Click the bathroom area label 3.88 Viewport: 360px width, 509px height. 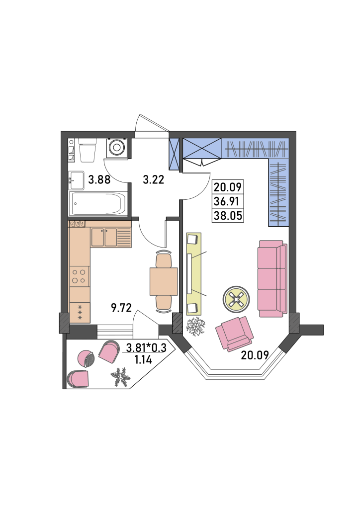click(99, 179)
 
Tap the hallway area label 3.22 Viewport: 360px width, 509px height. click(154, 179)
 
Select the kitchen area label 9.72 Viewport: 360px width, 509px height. click(121, 307)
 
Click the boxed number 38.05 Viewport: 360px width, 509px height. click(228, 215)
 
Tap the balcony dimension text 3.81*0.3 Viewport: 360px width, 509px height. click(146, 348)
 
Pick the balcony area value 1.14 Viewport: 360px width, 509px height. click(143, 359)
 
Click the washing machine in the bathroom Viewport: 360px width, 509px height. click(117, 148)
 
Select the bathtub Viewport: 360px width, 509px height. click(98, 203)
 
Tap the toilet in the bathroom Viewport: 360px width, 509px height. click(88, 150)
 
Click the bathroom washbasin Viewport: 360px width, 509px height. click(77, 180)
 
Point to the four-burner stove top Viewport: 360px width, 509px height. click(79, 276)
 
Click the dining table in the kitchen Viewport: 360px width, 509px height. click(164, 281)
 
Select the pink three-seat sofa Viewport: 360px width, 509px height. click(272, 278)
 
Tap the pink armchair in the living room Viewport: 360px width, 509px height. click(235, 334)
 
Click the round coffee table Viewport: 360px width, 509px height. click(236, 299)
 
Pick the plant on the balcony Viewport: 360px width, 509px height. click(120, 377)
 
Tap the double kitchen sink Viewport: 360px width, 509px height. click(104, 238)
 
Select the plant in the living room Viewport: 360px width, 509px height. click(196, 327)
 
